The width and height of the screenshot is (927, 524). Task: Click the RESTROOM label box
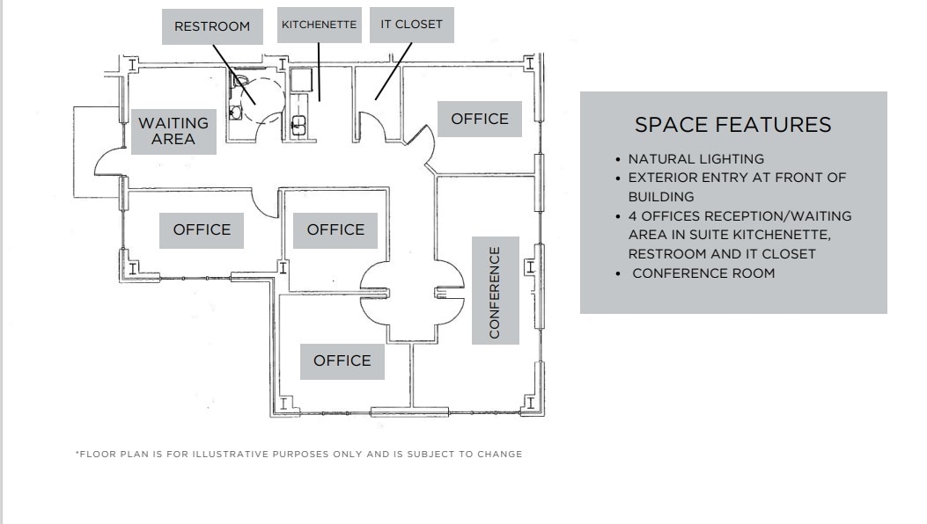click(x=211, y=26)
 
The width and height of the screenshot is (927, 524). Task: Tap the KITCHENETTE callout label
click(x=319, y=25)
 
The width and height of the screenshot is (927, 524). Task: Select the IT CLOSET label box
click(x=411, y=25)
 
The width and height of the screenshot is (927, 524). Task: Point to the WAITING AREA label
click(x=173, y=130)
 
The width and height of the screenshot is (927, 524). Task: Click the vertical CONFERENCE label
click(x=495, y=291)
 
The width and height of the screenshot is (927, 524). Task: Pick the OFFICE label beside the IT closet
click(x=480, y=119)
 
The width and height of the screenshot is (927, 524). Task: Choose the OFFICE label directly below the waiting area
click(x=202, y=229)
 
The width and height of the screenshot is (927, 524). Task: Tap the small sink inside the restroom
click(x=234, y=112)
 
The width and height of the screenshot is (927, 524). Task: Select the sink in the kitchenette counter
click(x=298, y=124)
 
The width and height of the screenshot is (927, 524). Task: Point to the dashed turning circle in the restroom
click(x=264, y=95)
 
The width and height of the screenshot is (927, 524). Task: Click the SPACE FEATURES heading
click(x=732, y=125)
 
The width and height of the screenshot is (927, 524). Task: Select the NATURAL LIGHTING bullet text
click(x=695, y=159)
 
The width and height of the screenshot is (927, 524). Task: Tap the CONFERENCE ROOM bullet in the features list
click(x=703, y=273)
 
